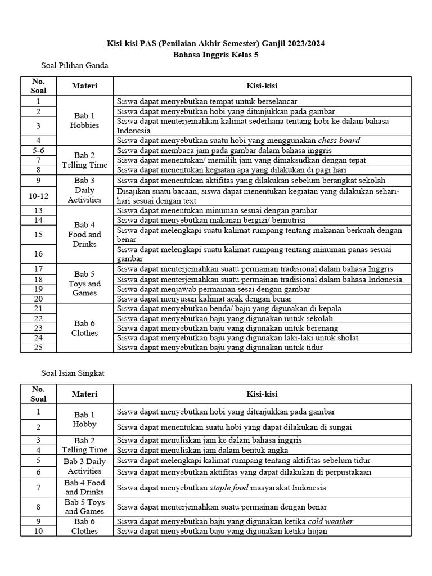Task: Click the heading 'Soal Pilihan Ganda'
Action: coord(75,65)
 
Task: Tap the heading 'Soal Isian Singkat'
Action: coord(73,372)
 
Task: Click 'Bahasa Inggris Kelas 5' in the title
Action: coord(216,54)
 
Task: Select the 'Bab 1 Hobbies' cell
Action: coord(84,120)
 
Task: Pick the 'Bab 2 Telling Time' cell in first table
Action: coord(84,160)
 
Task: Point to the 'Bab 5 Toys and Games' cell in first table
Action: coord(84,283)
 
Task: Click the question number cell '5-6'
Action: coord(39,150)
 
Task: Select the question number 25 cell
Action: coord(39,347)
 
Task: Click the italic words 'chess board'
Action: coord(339,141)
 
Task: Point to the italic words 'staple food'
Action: coord(229,488)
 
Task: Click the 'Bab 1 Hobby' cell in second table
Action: coord(84,419)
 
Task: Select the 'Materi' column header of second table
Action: coord(84,394)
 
